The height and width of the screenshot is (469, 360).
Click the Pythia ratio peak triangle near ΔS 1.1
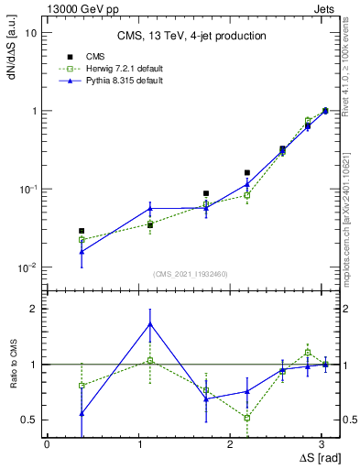point(150,323)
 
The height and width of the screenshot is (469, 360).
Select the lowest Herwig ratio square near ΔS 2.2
point(247,418)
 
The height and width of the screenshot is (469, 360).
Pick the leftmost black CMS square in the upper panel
point(82,231)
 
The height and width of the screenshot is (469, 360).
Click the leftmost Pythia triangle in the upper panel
point(82,251)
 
